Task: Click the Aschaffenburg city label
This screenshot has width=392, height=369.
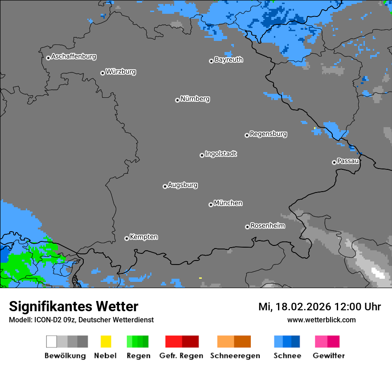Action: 73,56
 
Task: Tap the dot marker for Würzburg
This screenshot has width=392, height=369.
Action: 102,73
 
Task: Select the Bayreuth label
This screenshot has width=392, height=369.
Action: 229,60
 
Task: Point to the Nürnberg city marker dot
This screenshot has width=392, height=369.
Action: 177,100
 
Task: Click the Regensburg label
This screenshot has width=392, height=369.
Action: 268,134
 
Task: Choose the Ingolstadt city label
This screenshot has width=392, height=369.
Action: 220,154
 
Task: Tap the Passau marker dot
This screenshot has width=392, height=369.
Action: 334,162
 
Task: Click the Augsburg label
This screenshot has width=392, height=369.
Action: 183,185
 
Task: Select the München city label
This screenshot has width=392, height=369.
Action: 228,203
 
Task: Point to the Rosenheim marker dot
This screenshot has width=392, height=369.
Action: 247,227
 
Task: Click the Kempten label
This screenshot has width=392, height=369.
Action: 143,237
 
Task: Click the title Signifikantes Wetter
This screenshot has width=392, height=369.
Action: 73,307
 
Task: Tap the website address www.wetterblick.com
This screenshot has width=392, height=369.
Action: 321,320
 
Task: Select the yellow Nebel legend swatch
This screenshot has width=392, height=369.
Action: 106,341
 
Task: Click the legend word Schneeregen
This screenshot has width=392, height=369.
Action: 235,356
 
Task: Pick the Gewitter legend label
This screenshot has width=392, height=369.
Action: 328,356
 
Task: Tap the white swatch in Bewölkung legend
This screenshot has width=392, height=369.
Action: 52,341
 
